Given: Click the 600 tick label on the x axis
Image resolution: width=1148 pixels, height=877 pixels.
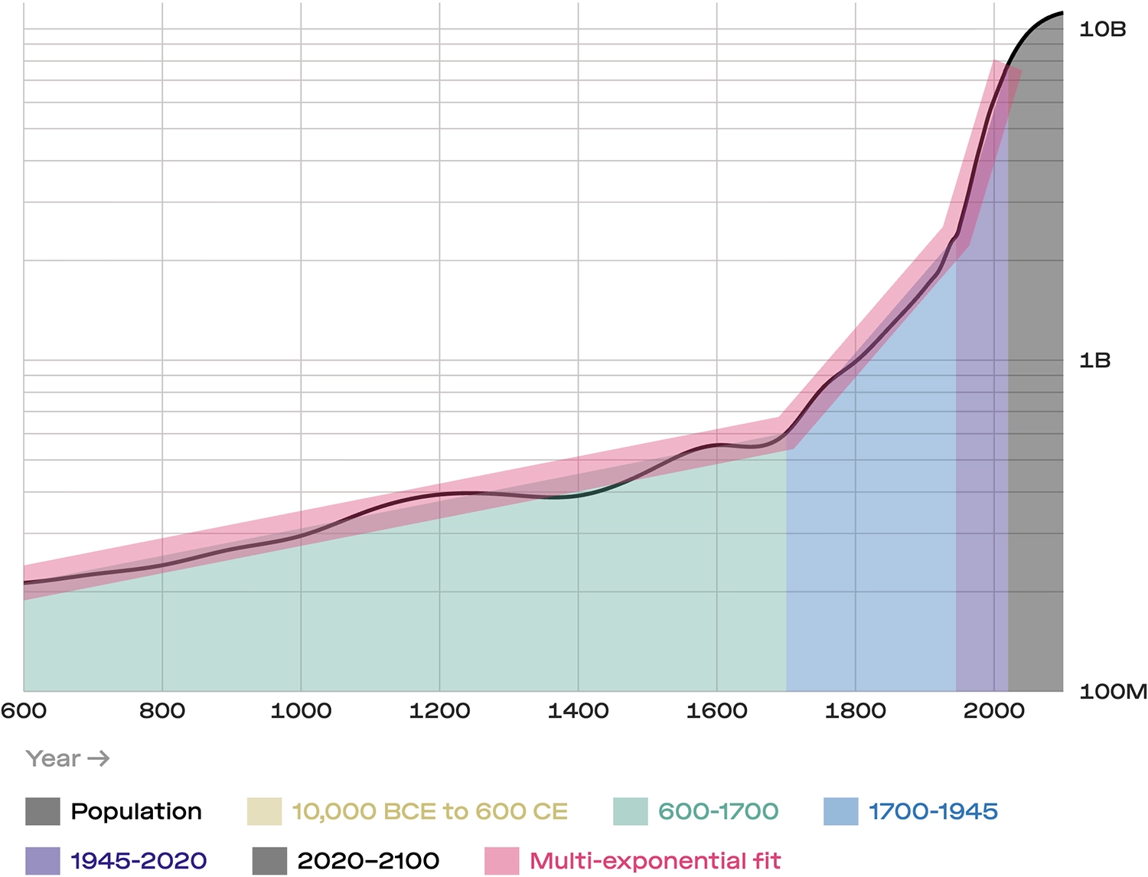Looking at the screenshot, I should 24,711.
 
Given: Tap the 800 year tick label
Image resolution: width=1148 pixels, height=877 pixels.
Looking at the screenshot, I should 162,711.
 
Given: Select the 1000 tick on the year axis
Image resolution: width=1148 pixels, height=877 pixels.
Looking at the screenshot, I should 301,711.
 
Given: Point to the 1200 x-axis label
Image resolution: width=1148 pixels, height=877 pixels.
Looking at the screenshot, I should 439,711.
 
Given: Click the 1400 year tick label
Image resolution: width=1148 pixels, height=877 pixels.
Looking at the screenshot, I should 578,711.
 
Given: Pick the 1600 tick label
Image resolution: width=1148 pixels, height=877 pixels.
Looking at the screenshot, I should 716,711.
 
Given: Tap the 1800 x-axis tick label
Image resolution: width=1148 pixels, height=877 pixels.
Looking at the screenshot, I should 855,711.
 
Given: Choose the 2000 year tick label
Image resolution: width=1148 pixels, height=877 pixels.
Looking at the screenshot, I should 993,711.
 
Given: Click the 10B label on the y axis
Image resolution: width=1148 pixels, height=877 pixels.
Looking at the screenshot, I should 1102,29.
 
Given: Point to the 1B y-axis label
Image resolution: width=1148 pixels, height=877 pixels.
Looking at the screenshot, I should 1094,360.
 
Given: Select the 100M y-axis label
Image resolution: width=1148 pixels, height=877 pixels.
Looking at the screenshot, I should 1113,692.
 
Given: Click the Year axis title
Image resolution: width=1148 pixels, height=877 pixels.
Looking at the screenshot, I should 53,758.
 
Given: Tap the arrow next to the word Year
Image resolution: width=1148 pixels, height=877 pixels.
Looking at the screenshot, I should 99,758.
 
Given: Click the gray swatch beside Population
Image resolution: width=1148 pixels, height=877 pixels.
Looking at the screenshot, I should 42,811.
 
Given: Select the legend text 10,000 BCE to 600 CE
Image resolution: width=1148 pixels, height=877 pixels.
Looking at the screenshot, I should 429,811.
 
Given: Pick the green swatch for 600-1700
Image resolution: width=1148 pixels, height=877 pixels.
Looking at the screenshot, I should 630,811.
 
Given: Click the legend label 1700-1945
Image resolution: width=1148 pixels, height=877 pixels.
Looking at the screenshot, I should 933,811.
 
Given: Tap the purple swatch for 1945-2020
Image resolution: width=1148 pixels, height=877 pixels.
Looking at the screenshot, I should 42,861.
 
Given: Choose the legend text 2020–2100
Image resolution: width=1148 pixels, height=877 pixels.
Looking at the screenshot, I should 368,861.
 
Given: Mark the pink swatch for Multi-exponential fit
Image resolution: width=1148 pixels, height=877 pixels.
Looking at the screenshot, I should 501,861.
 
